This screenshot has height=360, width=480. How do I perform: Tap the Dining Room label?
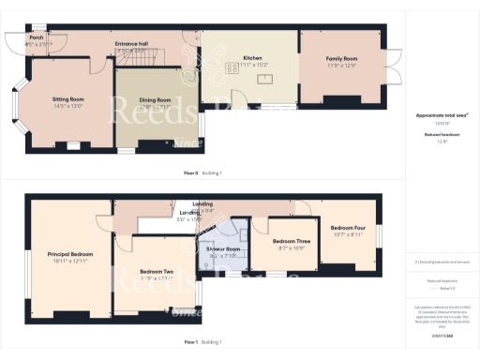[157, 99]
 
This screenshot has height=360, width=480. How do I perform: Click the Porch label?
[36, 37]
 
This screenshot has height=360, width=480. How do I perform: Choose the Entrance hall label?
[131, 43]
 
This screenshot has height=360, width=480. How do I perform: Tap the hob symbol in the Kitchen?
[230, 67]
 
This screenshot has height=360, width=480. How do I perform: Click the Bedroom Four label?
[346, 228]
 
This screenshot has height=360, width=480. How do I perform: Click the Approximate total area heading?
[441, 115]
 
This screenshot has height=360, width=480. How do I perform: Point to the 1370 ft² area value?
[441, 123]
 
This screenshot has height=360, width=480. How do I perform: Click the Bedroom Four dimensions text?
[346, 234]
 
